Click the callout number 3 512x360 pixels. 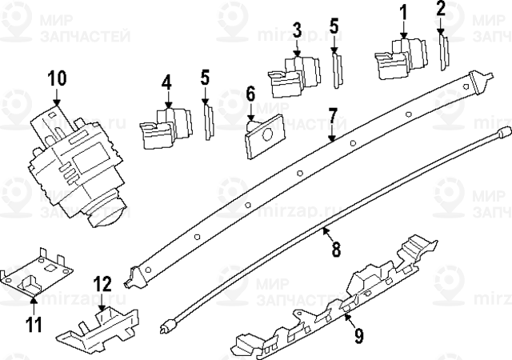(297, 30)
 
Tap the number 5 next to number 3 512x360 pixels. (334, 28)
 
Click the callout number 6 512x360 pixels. (250, 94)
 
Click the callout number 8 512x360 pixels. (336, 249)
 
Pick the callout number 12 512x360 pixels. (102, 283)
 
